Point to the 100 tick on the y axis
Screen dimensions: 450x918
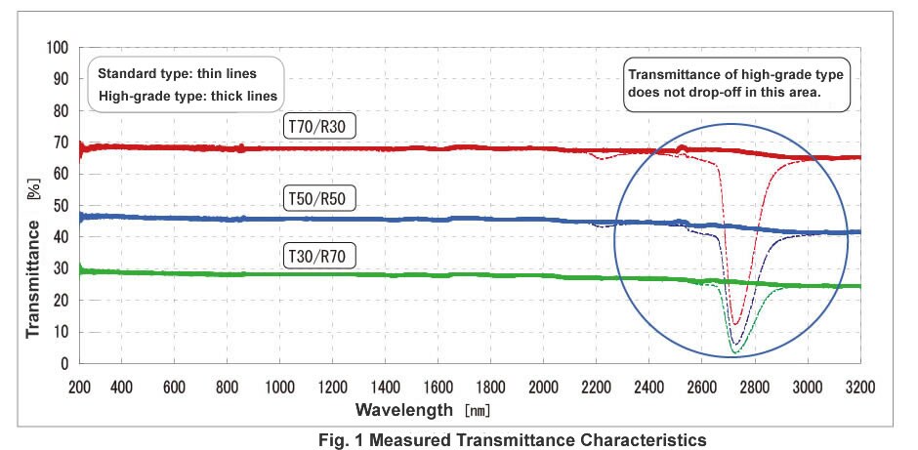coord(58,48)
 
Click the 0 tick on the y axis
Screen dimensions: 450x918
coord(64,364)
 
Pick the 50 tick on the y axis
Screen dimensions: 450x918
coord(61,206)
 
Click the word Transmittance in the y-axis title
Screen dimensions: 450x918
coord(34,278)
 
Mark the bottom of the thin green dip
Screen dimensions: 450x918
coord(733,350)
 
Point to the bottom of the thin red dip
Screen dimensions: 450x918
coord(736,323)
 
